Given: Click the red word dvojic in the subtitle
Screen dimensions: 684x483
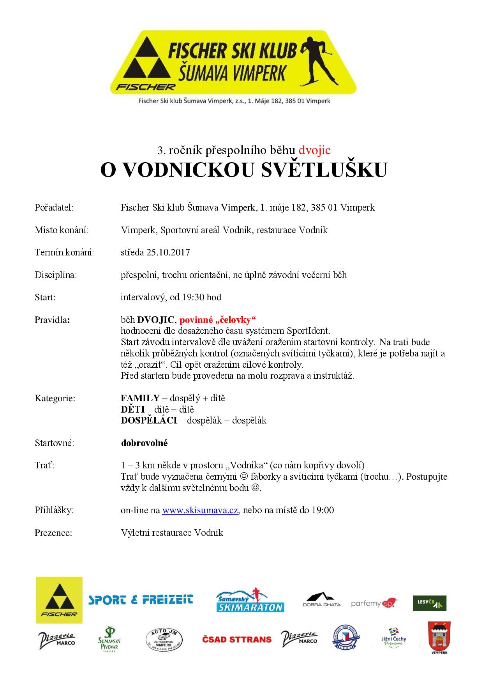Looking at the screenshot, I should [x=314, y=150].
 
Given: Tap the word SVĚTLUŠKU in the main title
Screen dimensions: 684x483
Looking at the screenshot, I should [x=324, y=170].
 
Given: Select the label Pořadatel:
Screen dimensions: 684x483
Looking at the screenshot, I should [x=54, y=207].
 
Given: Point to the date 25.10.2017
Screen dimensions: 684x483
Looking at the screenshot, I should [x=168, y=252].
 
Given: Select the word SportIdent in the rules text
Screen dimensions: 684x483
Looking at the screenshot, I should [x=308, y=331].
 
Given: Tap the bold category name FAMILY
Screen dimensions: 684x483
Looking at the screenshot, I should [x=140, y=398].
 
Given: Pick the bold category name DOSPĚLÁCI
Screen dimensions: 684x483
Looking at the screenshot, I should [x=149, y=420].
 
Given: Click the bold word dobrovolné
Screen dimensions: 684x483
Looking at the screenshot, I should [x=144, y=443].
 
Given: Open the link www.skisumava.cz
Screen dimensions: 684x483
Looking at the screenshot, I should [x=200, y=510].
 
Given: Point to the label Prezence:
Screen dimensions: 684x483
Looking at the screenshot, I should [x=53, y=533].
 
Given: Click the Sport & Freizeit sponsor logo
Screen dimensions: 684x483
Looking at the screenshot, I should [x=141, y=599].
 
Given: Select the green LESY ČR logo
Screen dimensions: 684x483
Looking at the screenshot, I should [x=429, y=603].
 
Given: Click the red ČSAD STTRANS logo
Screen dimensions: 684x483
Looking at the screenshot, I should [x=236, y=639].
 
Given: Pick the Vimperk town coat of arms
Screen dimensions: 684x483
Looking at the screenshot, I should [x=439, y=638].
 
